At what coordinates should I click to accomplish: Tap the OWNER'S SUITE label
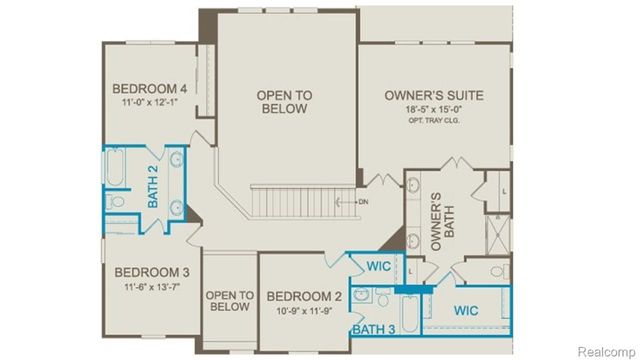pyautogui.click(x=434, y=96)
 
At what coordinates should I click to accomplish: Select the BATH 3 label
pyautogui.click(x=372, y=328)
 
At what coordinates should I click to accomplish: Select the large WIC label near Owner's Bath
pyautogui.click(x=466, y=310)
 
